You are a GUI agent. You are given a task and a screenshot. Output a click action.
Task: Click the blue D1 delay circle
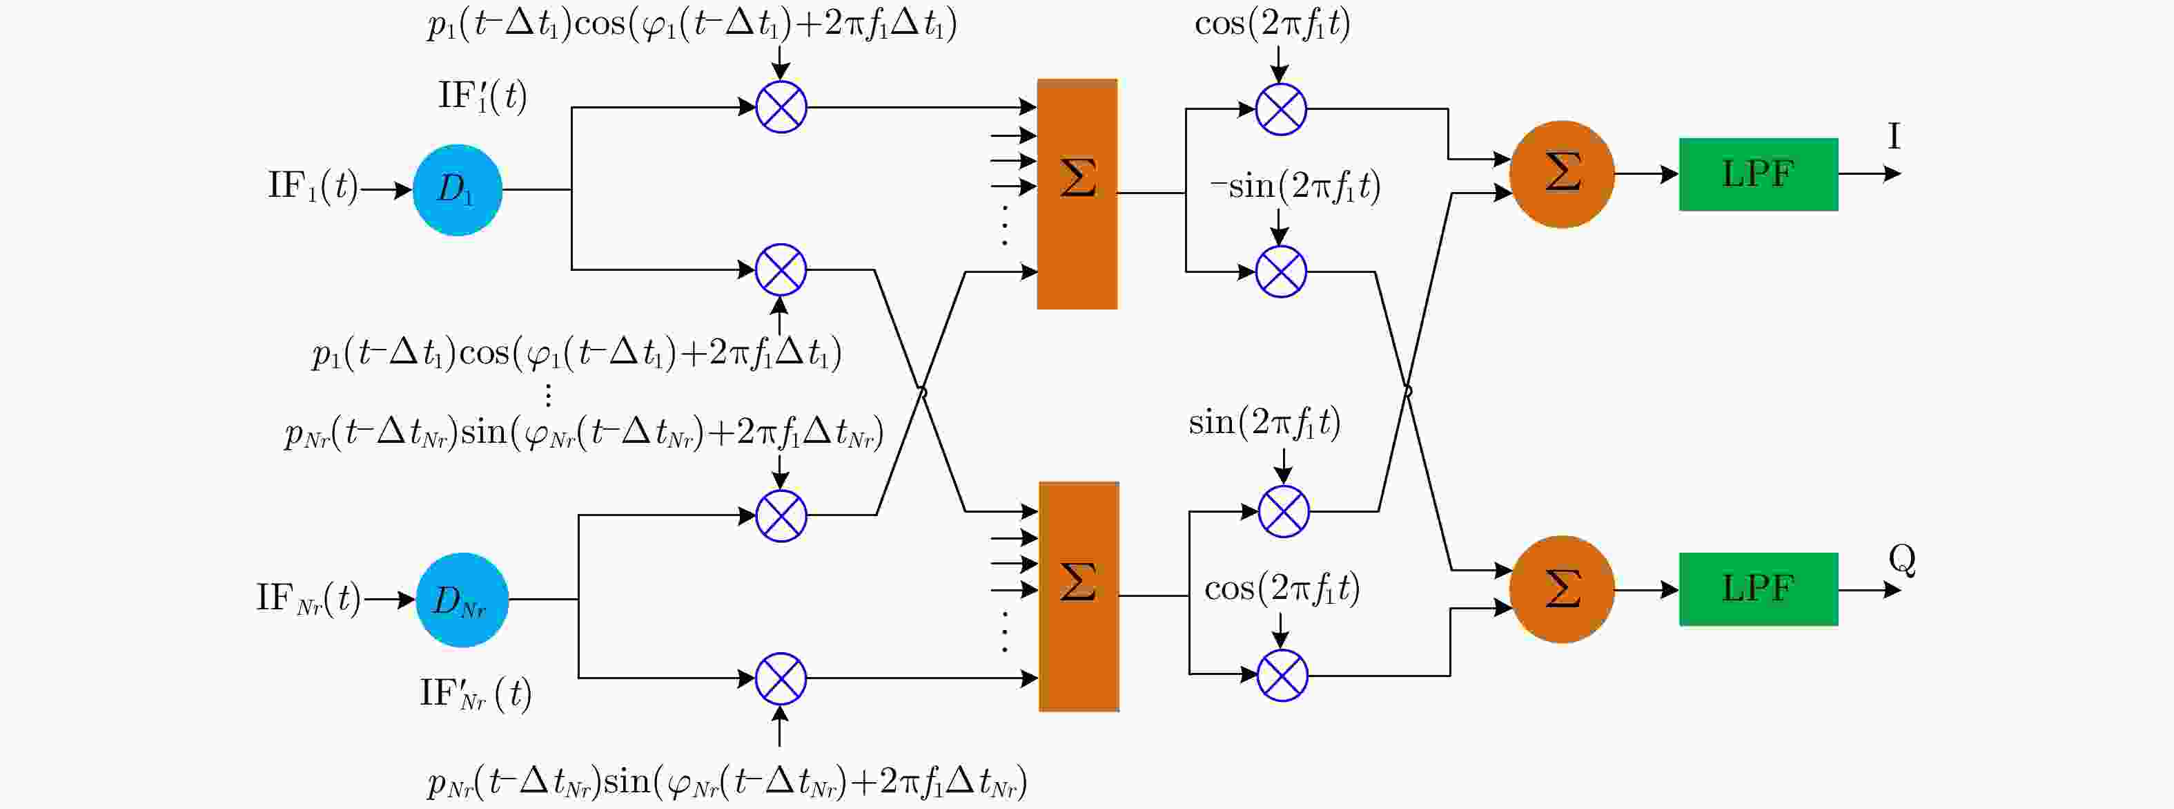(x=458, y=190)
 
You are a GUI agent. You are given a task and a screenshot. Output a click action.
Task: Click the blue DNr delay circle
(x=462, y=600)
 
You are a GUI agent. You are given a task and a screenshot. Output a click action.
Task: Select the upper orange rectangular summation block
(x=1077, y=194)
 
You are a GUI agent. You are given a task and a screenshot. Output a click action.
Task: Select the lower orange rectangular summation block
(x=1079, y=596)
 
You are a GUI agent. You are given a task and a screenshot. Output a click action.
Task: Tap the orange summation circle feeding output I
(x=1561, y=175)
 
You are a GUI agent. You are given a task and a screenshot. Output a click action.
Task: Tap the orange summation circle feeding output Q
(x=1561, y=589)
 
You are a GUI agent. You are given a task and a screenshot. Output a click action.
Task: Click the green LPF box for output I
(x=1758, y=175)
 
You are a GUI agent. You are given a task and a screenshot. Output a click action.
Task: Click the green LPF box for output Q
(x=1758, y=589)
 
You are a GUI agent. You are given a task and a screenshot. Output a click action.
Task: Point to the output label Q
(x=1902, y=559)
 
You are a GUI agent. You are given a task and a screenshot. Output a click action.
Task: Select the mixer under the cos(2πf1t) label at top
(x=1281, y=109)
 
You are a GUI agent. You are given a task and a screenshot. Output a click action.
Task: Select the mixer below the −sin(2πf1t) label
(x=1281, y=272)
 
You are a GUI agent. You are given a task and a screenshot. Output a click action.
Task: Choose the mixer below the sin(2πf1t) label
(x=1284, y=512)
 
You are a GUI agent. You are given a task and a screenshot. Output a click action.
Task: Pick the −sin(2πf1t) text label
(x=1295, y=187)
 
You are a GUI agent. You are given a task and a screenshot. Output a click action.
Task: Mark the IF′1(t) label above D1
(x=482, y=96)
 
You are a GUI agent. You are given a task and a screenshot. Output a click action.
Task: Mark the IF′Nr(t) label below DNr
(x=476, y=694)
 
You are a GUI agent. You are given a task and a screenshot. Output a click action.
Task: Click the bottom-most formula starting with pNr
(x=727, y=783)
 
